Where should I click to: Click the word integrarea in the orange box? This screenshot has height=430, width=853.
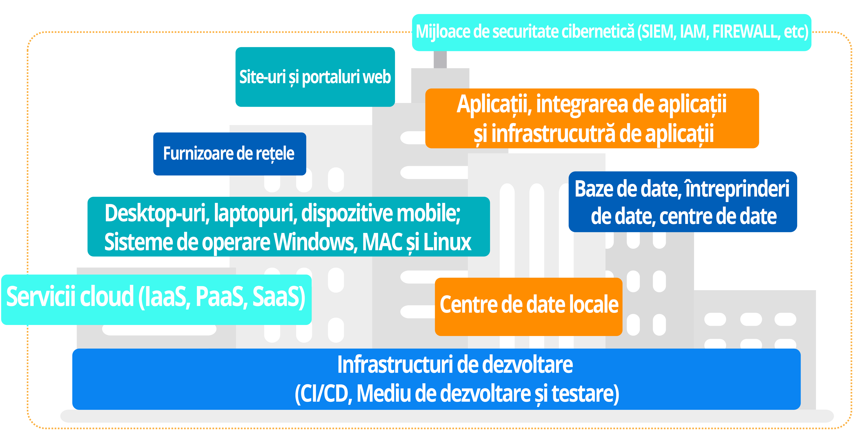(582, 104)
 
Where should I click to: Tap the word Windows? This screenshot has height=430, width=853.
(316, 242)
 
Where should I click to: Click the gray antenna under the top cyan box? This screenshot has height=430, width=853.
(440, 60)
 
